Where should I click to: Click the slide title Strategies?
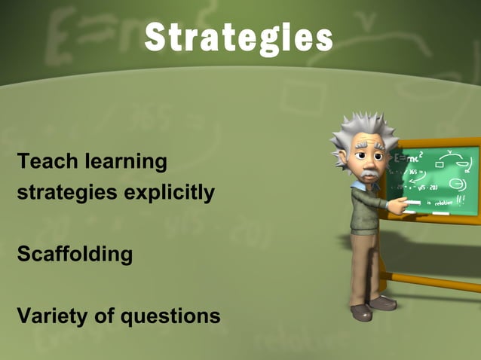(238, 38)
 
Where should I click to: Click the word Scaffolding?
(75, 254)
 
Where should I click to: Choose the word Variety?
(51, 316)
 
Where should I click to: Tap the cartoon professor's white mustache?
(367, 175)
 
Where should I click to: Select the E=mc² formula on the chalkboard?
(411, 158)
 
